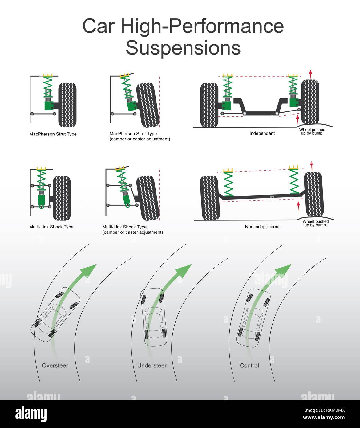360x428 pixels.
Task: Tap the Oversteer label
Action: (x=55, y=365)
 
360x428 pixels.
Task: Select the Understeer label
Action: (x=152, y=365)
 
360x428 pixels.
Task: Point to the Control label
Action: (x=249, y=365)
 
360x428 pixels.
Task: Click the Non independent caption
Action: (x=262, y=227)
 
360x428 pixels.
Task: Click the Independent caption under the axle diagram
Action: (x=262, y=133)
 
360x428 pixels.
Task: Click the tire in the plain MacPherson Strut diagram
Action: (x=67, y=105)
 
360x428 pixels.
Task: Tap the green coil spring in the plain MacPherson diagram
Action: (x=48, y=87)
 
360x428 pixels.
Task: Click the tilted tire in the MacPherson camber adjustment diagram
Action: (x=148, y=105)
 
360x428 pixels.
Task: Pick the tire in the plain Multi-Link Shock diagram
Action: (x=62, y=198)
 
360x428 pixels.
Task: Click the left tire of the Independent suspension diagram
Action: (x=209, y=105)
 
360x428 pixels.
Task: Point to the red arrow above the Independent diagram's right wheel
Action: (x=310, y=74)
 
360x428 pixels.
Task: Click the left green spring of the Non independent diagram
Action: (x=228, y=183)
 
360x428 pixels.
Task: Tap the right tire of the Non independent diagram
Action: (x=314, y=194)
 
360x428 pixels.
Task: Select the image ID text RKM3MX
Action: (x=324, y=410)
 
